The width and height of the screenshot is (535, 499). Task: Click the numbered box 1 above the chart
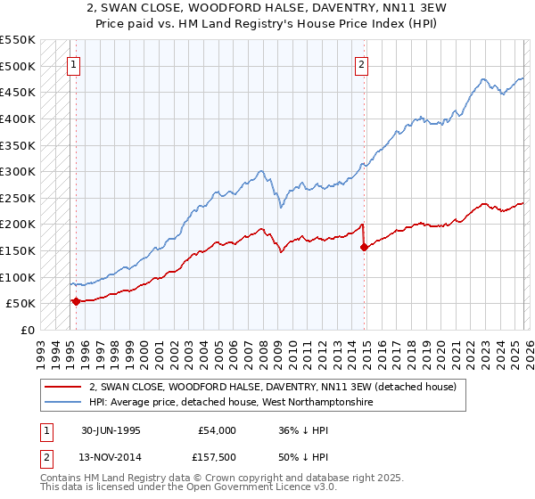pos(72,63)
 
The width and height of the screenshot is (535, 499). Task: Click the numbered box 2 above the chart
pos(361,63)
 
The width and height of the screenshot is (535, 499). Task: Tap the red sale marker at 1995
pos(76,301)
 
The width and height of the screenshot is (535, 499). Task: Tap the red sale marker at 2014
pos(364,247)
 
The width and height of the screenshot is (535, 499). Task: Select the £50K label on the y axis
pos(21,303)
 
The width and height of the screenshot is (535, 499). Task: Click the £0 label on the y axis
pos(29,330)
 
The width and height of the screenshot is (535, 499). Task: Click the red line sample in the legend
pos(62,387)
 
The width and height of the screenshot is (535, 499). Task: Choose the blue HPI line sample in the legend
pos(62,403)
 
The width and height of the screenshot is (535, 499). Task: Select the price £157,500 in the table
pos(218,459)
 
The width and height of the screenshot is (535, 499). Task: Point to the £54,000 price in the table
pos(218,430)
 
